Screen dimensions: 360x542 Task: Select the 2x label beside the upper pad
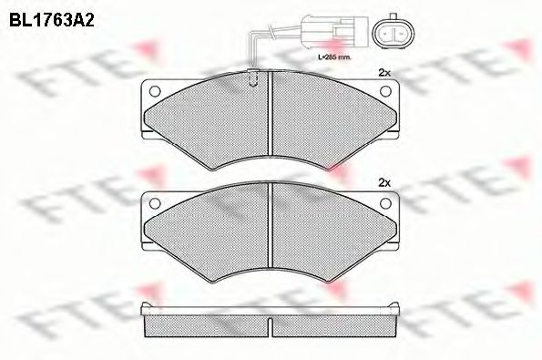click(x=383, y=72)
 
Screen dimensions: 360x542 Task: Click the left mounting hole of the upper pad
click(x=154, y=90)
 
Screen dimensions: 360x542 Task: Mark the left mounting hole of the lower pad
click(x=154, y=202)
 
